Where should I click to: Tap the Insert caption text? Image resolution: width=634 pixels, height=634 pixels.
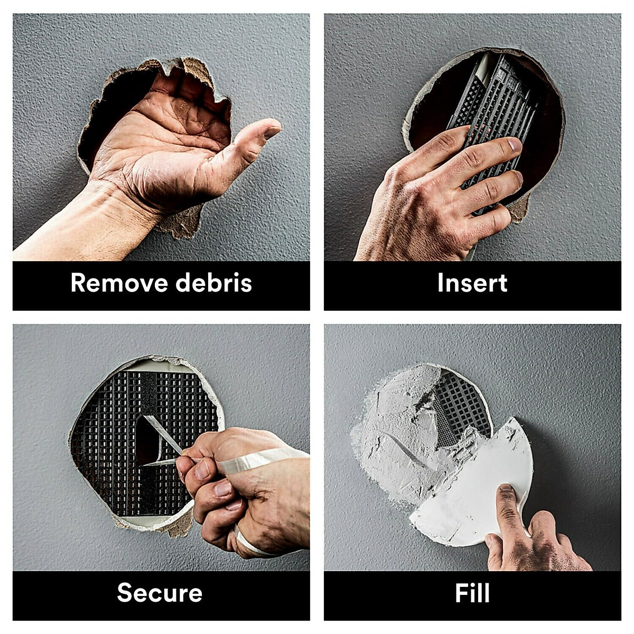point(472,283)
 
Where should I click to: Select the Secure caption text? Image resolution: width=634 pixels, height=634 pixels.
point(160,593)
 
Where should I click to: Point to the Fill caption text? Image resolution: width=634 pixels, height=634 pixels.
point(472,593)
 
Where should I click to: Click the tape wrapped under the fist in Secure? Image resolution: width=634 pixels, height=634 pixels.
point(248,544)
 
